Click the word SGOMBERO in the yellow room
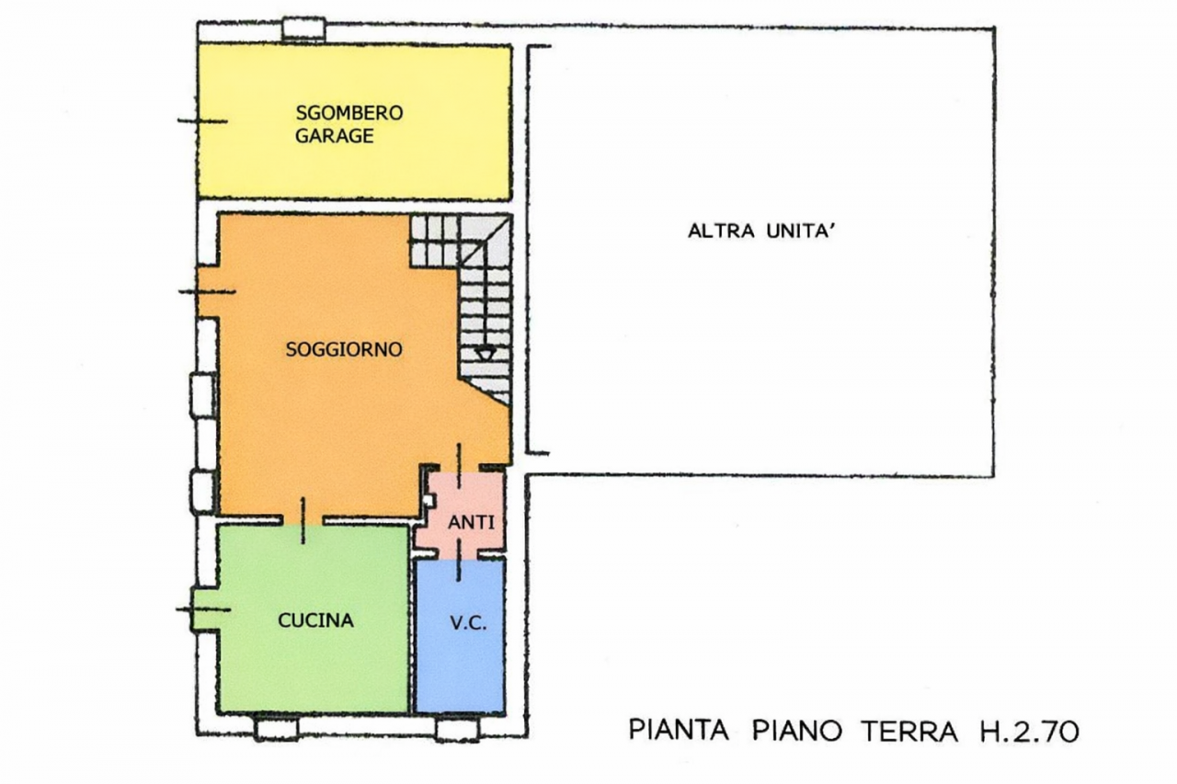click(x=349, y=113)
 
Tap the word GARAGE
click(x=335, y=136)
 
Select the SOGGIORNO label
click(x=344, y=349)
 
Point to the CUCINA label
click(x=315, y=620)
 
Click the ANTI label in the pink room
click(x=472, y=522)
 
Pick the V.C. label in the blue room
click(x=469, y=623)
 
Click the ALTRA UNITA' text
click(x=762, y=230)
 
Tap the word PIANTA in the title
click(x=679, y=731)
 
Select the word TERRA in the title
click(x=909, y=731)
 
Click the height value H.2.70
click(x=1029, y=731)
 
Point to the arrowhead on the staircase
click(x=485, y=354)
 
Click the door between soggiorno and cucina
click(x=303, y=520)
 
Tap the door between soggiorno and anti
click(x=459, y=466)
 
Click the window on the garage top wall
click(x=303, y=29)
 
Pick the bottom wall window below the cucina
click(x=277, y=728)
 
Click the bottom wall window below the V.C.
click(x=457, y=729)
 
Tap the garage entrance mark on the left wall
click(x=202, y=121)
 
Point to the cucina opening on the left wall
click(x=204, y=609)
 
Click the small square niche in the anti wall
click(x=429, y=501)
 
